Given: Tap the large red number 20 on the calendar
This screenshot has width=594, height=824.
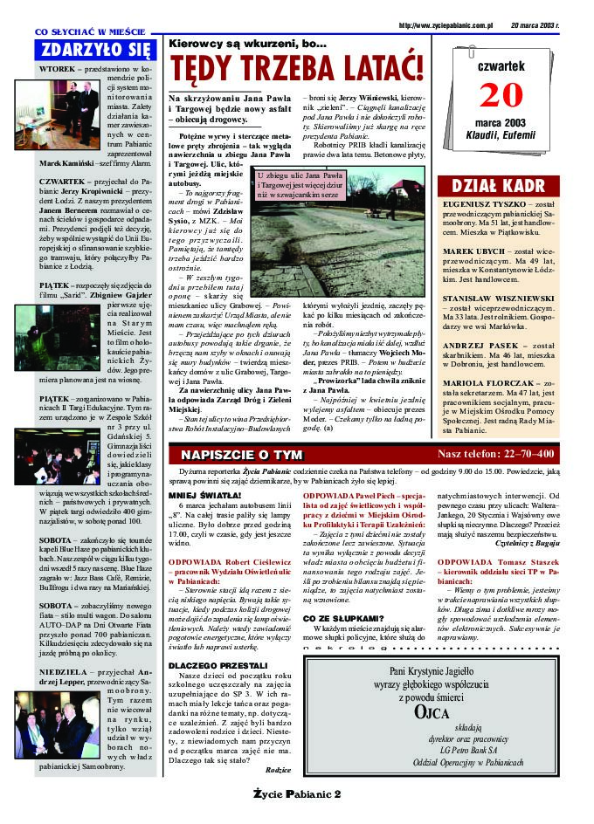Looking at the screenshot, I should point(501,93).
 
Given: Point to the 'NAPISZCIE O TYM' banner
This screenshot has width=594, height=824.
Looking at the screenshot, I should point(240,455).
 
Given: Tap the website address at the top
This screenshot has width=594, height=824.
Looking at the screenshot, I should point(445,26).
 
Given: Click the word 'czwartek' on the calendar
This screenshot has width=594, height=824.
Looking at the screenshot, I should point(501,65).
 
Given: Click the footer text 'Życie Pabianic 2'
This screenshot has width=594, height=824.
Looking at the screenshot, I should point(297,793).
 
